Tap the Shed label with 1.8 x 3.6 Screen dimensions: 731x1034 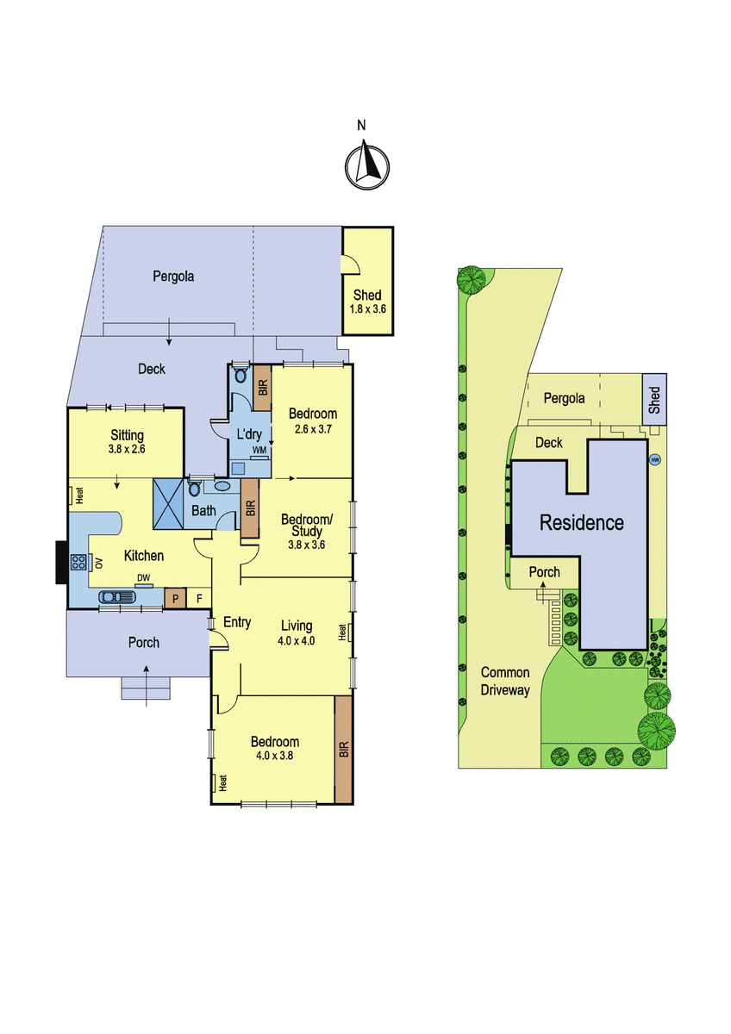367,302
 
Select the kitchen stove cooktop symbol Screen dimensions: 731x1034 78,562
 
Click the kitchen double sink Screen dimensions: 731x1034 117,597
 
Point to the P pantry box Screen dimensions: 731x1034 176,598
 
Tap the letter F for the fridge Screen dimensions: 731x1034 199,599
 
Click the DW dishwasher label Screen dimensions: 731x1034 143,577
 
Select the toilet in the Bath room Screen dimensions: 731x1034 195,488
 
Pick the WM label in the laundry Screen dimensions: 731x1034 259,450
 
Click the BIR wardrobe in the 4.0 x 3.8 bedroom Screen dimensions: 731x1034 344,750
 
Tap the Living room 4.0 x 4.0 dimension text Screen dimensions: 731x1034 296,641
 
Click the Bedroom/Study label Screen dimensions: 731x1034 307,525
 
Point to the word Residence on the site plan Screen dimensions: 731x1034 582,522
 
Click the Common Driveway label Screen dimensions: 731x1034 505,681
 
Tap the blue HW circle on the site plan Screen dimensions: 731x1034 655,460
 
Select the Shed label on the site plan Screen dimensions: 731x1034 654,400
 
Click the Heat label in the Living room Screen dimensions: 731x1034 342,632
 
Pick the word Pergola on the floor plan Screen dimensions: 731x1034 173,277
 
